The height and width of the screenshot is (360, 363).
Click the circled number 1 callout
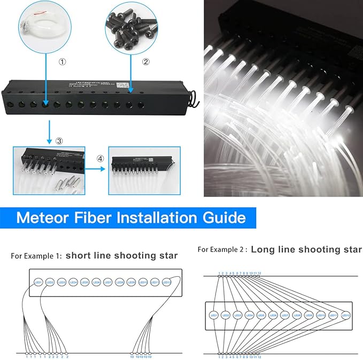(63, 62)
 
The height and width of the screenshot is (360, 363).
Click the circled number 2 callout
(145, 62)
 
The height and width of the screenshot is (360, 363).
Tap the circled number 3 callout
(59, 140)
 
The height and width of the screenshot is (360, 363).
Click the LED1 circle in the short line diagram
(38, 282)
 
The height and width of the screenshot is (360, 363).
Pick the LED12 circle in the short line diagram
(167, 282)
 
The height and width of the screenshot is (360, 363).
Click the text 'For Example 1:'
(36, 256)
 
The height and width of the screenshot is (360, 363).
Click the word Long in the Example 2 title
(264, 249)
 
